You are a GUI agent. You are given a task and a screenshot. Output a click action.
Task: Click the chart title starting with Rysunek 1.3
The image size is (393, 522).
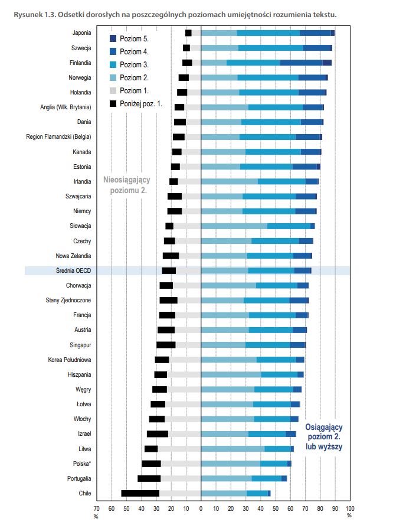point(179,14)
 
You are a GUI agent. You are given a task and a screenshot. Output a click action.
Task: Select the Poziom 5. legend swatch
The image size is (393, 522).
point(113,38)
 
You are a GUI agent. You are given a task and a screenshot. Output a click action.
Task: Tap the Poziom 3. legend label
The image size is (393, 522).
point(134,64)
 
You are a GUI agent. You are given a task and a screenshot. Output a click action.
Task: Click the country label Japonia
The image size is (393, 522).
point(81,33)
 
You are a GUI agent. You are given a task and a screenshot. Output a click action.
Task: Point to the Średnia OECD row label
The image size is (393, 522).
point(74,270)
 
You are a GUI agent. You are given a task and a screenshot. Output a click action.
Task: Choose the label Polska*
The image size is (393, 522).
point(81,464)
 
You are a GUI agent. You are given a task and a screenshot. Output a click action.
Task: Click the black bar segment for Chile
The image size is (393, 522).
point(140,493)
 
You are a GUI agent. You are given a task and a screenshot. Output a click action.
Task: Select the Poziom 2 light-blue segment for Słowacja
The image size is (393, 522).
point(234,226)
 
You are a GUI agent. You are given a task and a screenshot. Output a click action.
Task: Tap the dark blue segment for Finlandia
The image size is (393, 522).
point(301,63)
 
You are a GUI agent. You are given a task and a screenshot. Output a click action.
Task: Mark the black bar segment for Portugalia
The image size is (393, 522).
point(149,478)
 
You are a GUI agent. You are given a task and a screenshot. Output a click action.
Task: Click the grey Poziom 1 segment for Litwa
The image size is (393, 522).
point(179,449)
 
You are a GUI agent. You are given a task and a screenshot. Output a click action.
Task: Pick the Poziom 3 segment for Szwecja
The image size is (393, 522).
point(271,48)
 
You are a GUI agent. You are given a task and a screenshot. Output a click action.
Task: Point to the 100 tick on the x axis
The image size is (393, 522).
point(349,508)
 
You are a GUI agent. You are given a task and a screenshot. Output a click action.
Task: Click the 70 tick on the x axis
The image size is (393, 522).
point(97,508)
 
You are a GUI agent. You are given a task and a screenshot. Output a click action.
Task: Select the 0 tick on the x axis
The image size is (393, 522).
point(201,508)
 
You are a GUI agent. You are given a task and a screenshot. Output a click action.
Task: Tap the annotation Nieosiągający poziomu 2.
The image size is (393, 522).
point(126,185)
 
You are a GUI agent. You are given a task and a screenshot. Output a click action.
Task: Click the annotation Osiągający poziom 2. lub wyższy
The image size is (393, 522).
point(324,437)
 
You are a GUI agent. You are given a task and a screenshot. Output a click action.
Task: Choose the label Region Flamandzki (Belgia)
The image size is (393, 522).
point(58,136)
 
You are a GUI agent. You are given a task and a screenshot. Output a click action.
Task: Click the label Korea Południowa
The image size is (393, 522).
point(70,360)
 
